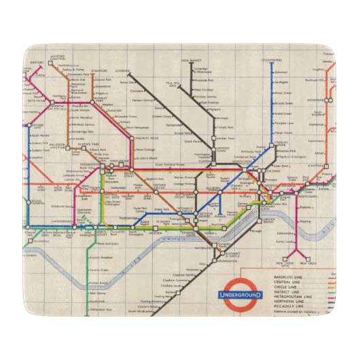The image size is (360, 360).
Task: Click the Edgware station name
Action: [122, 69]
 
